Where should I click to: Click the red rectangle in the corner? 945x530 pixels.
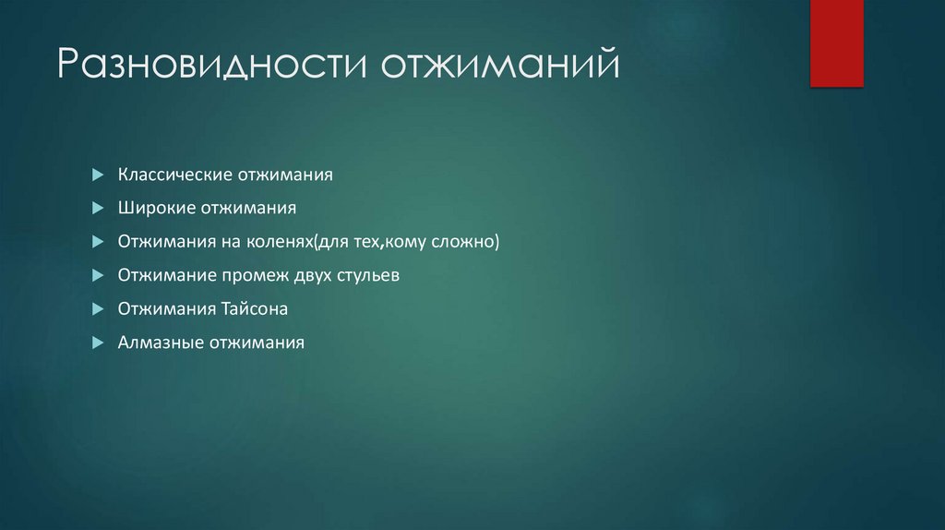[x=836, y=42]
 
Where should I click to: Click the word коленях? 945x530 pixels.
[x=280, y=242]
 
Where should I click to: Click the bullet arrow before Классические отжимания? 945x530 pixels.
[x=98, y=175]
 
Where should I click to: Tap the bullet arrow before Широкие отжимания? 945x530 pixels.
[x=98, y=208]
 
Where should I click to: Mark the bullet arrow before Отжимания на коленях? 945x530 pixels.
[x=98, y=242]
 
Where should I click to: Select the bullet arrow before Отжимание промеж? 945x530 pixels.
[x=98, y=275]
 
